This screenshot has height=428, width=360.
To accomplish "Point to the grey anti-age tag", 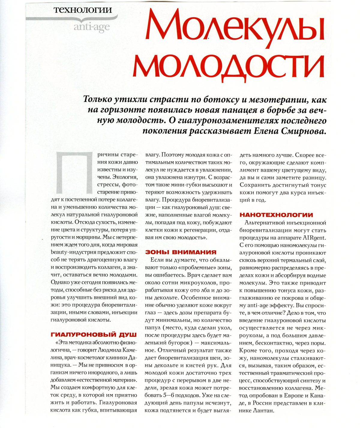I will click(x=91, y=27).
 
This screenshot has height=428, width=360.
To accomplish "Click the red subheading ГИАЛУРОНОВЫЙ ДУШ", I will click(x=94, y=334).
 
